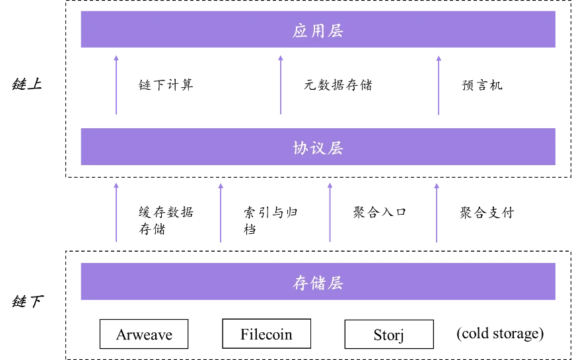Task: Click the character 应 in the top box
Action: pyautogui.click(x=301, y=31)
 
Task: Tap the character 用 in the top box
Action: pyautogui.click(x=318, y=31)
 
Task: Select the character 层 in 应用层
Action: pyautogui.click(x=336, y=31)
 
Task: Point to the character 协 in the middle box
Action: pyautogui.click(x=301, y=148)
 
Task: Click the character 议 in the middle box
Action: pyautogui.click(x=318, y=148)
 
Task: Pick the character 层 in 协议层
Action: pyautogui.click(x=336, y=148)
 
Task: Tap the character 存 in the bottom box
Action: pyautogui.click(x=301, y=283)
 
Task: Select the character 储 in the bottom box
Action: pyautogui.click(x=318, y=283)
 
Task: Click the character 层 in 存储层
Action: pyautogui.click(x=336, y=283)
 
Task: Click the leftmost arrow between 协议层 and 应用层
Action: pyautogui.click(x=116, y=86)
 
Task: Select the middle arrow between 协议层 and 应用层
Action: pyautogui.click(x=282, y=86)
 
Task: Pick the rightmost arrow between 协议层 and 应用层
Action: pyautogui.click(x=438, y=86)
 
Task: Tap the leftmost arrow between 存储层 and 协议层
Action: pyautogui.click(x=116, y=213)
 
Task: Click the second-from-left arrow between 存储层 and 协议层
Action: pyautogui.click(x=220, y=213)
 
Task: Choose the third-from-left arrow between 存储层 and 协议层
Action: pyautogui.click(x=330, y=213)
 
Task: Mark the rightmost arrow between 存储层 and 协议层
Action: pyautogui.click(x=436, y=213)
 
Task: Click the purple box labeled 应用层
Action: pyautogui.click(x=198, y=30)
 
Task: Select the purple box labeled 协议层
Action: pyautogui.click(x=198, y=147)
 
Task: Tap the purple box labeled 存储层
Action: pyautogui.click(x=198, y=282)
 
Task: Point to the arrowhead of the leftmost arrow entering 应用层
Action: pyautogui.click(x=116, y=59)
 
